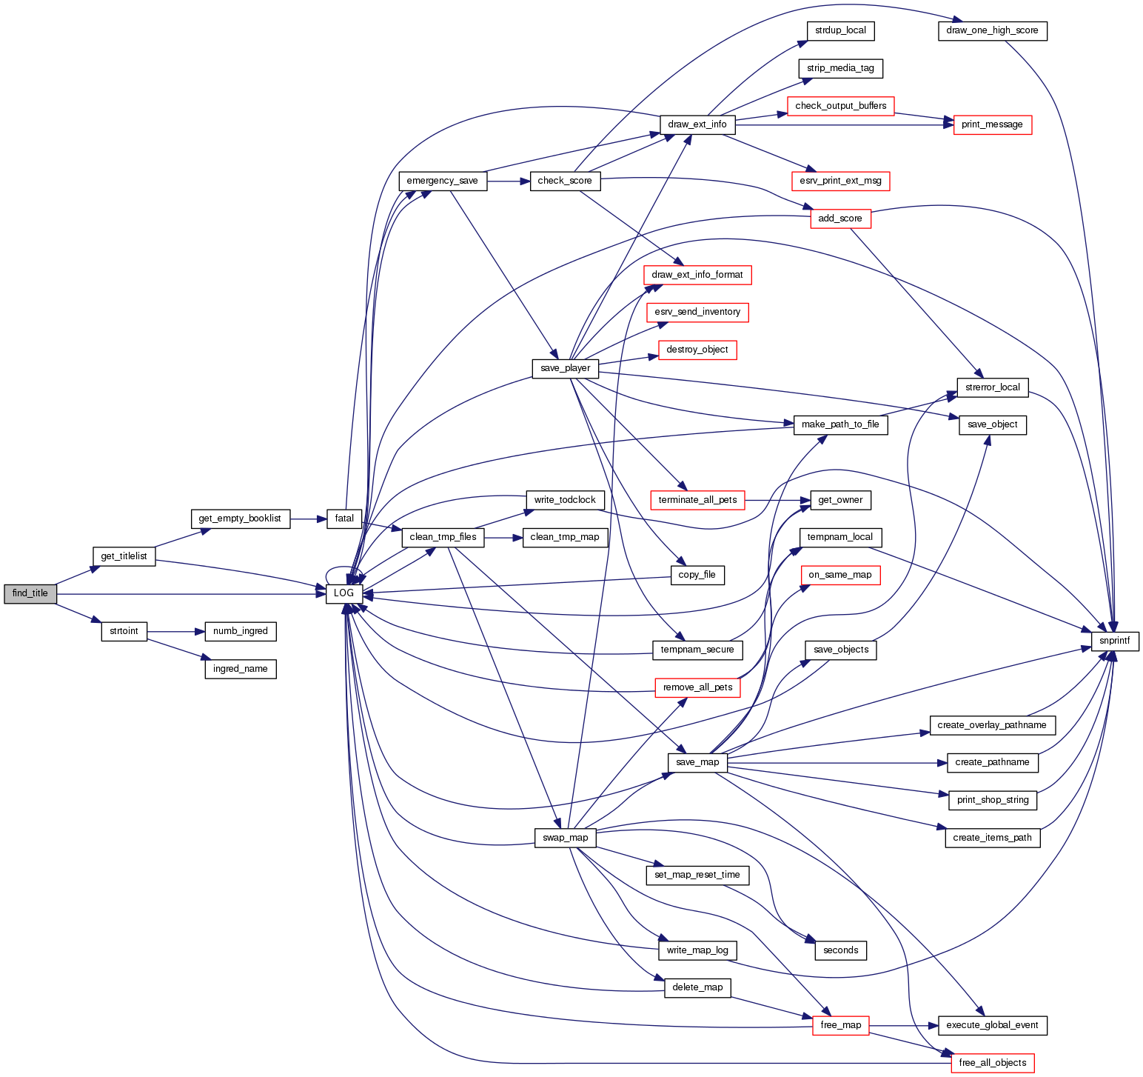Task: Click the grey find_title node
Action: coord(30,594)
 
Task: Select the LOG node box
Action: coord(344,594)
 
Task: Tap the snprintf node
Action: coord(1114,641)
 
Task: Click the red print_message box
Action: coord(992,125)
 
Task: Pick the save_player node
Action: coord(565,368)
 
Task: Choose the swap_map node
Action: coord(565,838)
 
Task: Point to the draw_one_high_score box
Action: coord(992,31)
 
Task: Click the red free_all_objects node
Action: coord(992,1063)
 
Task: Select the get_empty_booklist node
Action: coord(240,519)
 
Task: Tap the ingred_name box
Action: coord(240,669)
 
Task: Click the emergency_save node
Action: coord(443,181)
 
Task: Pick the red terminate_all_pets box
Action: coord(697,500)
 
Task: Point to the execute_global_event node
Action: coord(992,1026)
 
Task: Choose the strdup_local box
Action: coord(840,31)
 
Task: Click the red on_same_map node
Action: coord(840,575)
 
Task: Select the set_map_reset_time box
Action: coord(697,876)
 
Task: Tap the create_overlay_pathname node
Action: coord(992,725)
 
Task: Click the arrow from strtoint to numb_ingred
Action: coord(175,632)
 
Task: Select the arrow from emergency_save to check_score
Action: coord(508,181)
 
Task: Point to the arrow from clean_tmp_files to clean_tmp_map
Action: coord(503,537)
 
